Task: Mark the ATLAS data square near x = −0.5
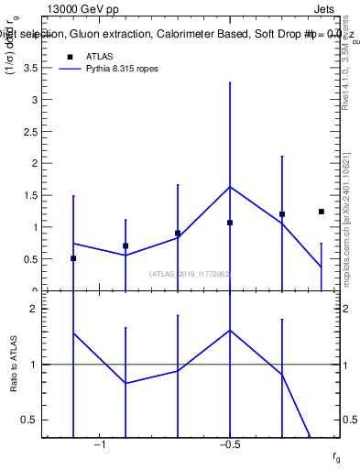230,223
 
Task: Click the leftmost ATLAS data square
73,258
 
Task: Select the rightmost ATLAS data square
322,212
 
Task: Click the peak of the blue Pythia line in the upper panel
230,187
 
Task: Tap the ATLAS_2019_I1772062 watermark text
190,273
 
